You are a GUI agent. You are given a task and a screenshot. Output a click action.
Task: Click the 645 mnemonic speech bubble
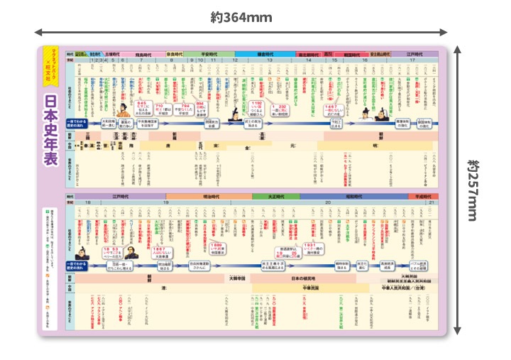[x=144, y=107]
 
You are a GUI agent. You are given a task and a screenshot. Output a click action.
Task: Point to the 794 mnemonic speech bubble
[x=204, y=107]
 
